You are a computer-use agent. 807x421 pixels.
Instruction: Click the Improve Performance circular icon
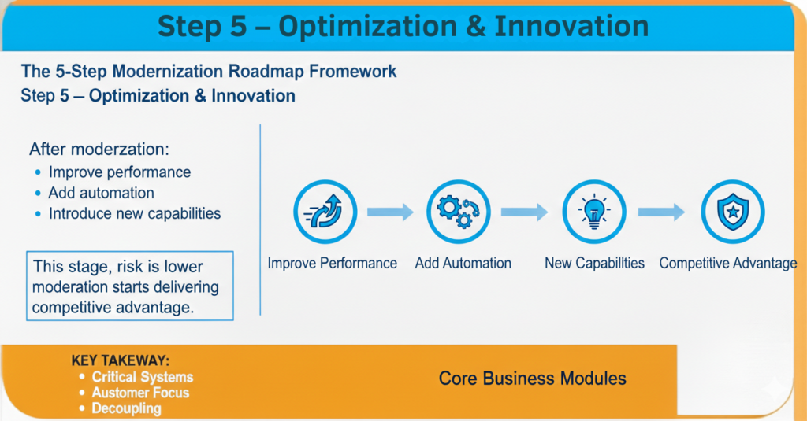tap(325, 212)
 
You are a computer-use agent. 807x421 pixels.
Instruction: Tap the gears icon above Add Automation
tap(459, 212)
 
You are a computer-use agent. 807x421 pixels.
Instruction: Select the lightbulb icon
tap(593, 212)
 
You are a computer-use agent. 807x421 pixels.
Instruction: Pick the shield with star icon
tap(732, 212)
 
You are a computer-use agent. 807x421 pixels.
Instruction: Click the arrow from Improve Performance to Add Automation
tap(390, 212)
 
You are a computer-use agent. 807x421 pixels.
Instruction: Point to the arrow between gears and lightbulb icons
tap(524, 212)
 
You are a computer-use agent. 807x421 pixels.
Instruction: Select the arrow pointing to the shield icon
tap(661, 212)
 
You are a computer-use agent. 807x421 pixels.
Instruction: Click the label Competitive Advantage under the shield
tap(727, 264)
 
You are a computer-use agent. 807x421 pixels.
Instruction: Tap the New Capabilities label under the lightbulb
tap(594, 264)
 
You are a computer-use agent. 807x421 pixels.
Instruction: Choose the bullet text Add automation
tap(101, 193)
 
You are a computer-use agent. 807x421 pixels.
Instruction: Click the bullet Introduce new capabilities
tap(134, 213)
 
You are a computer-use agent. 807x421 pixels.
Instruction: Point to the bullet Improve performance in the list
tap(119, 172)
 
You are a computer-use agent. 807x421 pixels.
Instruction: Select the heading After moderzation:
tap(99, 149)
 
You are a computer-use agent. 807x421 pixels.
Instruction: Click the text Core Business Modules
tap(533, 379)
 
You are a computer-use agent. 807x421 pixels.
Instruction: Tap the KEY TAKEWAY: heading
tap(121, 361)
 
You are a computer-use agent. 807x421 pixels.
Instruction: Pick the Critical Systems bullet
tap(142, 377)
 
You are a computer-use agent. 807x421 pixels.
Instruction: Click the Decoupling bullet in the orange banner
tap(126, 408)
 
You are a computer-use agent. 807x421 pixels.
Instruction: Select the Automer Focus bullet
tap(140, 393)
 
